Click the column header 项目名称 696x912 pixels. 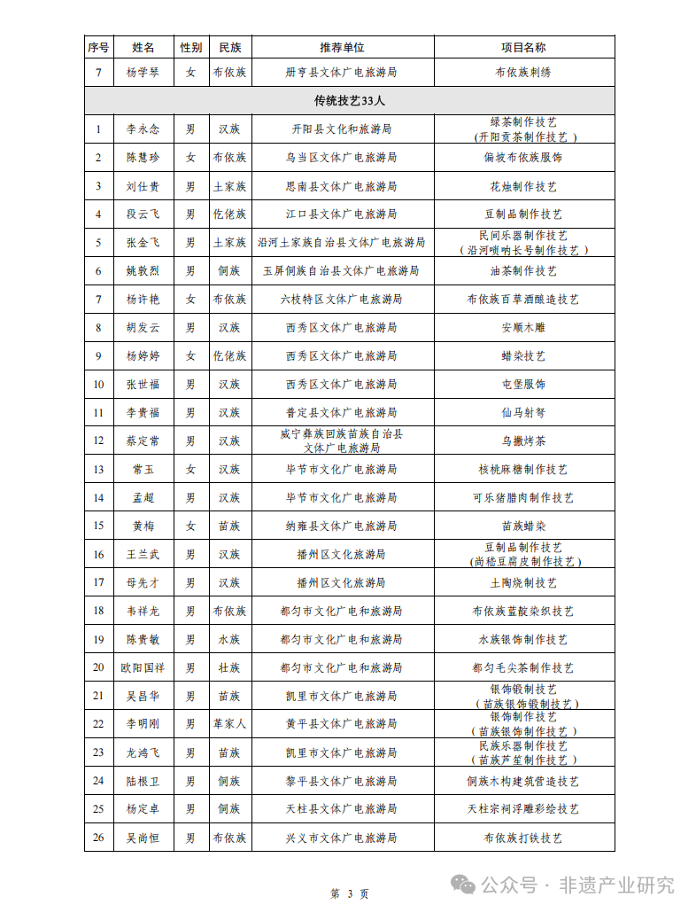523,47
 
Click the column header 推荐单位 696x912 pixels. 342,47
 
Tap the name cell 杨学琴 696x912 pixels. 142,72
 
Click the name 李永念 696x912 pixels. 142,129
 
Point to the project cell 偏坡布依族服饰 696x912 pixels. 523,158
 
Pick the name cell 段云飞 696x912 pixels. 142,214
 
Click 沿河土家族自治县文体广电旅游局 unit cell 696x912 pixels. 342,243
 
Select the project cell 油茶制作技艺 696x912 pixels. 523,271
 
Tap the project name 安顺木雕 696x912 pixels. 523,328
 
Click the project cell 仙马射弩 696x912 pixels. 523,413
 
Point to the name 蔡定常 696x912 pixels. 142,441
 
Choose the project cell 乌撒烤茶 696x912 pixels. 523,441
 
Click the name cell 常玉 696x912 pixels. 142,470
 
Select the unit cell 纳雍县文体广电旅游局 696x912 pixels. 342,526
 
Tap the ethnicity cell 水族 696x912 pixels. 229,640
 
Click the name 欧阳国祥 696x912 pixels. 142,668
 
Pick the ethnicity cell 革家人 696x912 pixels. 229,724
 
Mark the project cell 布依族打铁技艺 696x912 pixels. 523,838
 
